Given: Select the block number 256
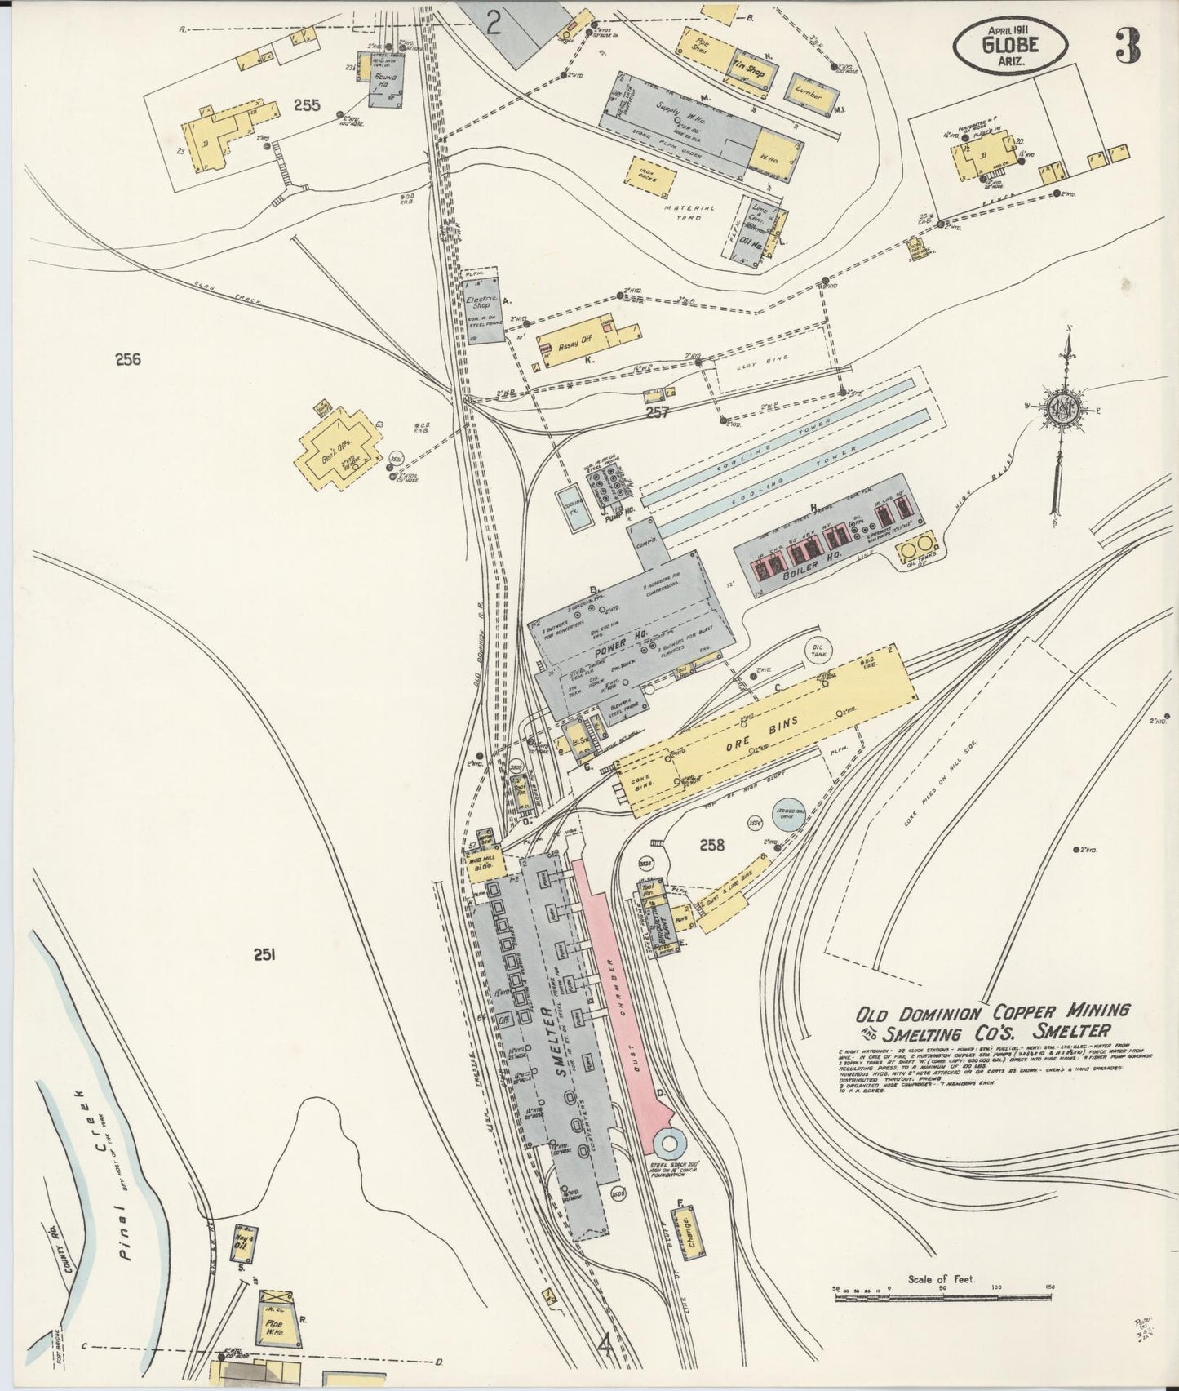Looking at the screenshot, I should click(x=128, y=359).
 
